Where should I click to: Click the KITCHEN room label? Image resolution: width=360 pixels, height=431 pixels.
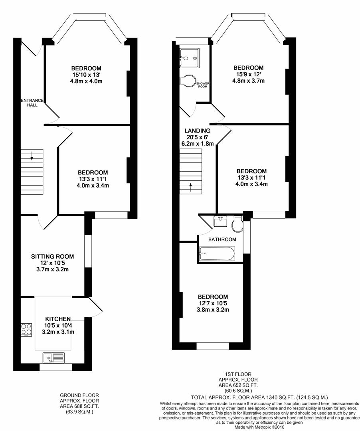click(58, 319)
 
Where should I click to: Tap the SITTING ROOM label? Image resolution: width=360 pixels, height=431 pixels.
click(53, 257)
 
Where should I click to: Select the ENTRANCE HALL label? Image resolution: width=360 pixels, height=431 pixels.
click(32, 103)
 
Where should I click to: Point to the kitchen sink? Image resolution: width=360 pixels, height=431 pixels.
click(53, 358)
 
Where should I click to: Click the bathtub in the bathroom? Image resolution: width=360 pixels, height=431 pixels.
click(217, 253)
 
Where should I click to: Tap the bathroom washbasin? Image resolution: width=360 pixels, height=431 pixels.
click(220, 221)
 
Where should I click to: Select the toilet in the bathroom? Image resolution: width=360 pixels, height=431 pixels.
click(237, 223)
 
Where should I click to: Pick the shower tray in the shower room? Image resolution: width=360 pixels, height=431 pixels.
click(189, 58)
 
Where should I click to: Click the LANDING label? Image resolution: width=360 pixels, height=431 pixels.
click(198, 131)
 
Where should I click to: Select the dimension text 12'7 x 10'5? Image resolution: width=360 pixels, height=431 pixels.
click(213, 303)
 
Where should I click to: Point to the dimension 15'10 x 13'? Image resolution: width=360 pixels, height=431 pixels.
click(87, 75)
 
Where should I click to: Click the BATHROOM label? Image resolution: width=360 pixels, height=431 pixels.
click(222, 239)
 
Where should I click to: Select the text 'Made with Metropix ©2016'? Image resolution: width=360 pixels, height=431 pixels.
click(259, 427)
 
